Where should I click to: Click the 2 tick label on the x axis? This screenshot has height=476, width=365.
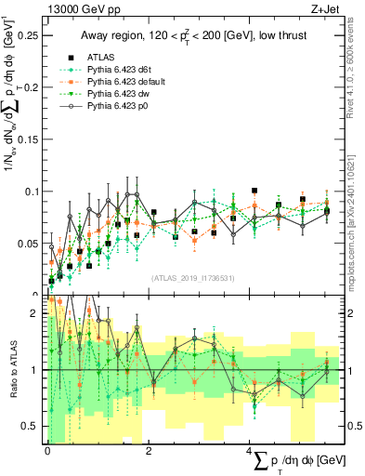click(x=150, y=450)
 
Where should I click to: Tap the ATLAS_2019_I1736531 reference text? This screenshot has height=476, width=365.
click(x=191, y=278)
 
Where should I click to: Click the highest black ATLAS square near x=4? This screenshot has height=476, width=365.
click(x=254, y=191)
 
